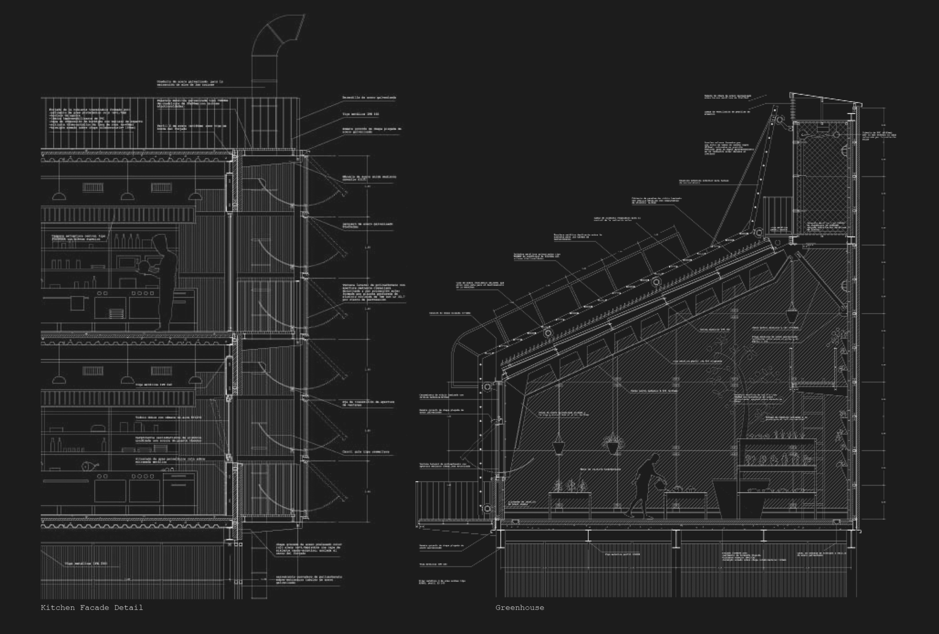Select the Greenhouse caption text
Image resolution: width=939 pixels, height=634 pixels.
tap(520, 607)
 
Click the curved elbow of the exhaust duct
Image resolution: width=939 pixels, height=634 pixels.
tap(279, 31)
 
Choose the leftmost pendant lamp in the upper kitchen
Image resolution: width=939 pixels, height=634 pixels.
tap(59, 196)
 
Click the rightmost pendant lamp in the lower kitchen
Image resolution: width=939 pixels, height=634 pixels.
tap(195, 380)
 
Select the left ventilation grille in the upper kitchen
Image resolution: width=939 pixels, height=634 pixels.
tap(93, 187)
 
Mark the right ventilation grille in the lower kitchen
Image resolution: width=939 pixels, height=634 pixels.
tap(161, 371)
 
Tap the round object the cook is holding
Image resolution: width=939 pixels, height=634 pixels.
tap(144, 266)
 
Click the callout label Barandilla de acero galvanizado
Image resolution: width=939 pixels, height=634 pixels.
tap(369, 98)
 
